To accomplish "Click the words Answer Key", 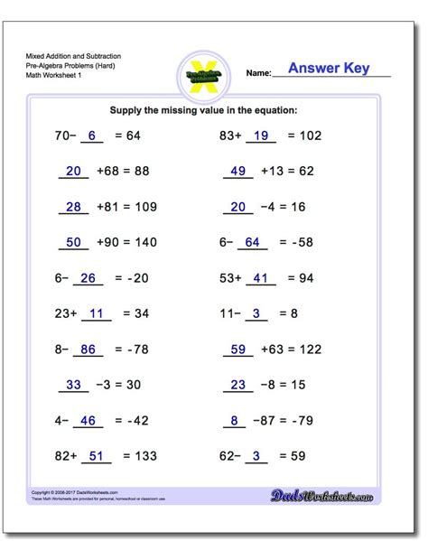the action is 329,69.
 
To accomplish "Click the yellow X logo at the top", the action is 207,71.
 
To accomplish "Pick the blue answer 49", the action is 238,172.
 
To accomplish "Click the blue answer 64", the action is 252,243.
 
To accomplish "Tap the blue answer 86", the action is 89,349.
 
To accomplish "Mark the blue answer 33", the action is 75,385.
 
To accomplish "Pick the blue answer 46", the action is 89,420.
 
